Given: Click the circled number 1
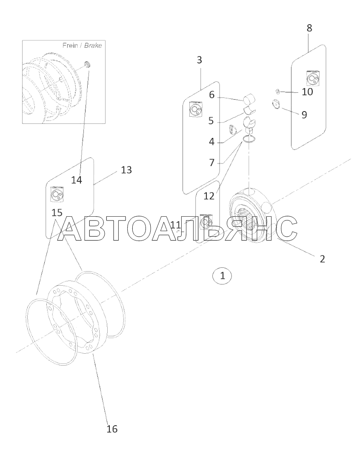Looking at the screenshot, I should point(222,275).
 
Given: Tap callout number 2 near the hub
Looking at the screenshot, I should point(322,258).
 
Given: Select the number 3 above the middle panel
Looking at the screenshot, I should point(199,60).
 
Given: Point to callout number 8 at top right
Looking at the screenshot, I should point(309,28).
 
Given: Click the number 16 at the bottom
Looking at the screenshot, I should point(111,428).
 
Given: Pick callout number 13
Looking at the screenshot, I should point(126,170).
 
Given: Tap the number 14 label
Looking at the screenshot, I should point(76,180).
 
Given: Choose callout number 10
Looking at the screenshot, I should point(307,92).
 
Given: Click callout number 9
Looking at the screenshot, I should point(304,115).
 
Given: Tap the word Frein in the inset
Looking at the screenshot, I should point(70,46).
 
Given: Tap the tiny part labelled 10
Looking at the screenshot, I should point(277,90).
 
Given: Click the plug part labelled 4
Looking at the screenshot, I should point(233,129).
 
